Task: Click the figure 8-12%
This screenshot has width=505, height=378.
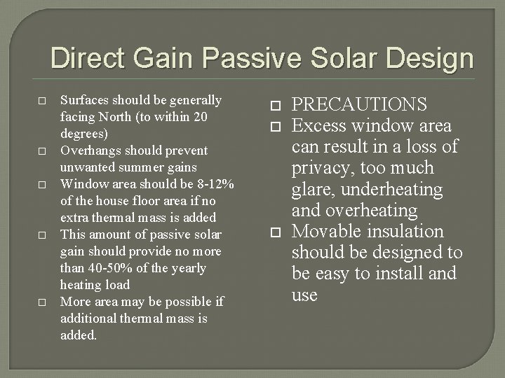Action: [213, 184]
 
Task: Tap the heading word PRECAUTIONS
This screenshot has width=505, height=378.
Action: [359, 105]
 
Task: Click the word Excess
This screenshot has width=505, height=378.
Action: [323, 126]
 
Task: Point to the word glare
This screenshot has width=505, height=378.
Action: [310, 190]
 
